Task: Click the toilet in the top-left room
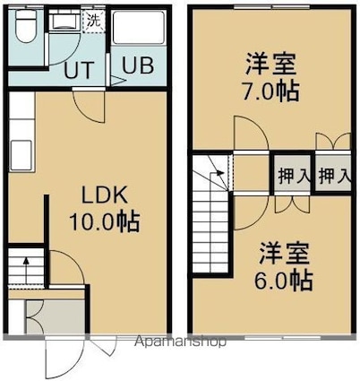tap(26, 26)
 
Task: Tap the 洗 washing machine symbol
tap(94, 22)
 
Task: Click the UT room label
tap(80, 70)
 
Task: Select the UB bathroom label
tap(138, 65)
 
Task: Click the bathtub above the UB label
tap(139, 28)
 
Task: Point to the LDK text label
tap(105, 195)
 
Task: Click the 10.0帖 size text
tap(105, 221)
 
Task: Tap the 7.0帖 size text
tap(270, 91)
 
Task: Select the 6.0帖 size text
tap(283, 281)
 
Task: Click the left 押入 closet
tap(293, 176)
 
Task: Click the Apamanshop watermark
tap(180, 341)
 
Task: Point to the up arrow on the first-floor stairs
tap(26, 271)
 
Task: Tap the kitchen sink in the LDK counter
tap(21, 155)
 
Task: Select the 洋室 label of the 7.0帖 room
tap(270, 64)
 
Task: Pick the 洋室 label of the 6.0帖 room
tap(284, 254)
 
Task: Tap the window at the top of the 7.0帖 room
tap(271, 7)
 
